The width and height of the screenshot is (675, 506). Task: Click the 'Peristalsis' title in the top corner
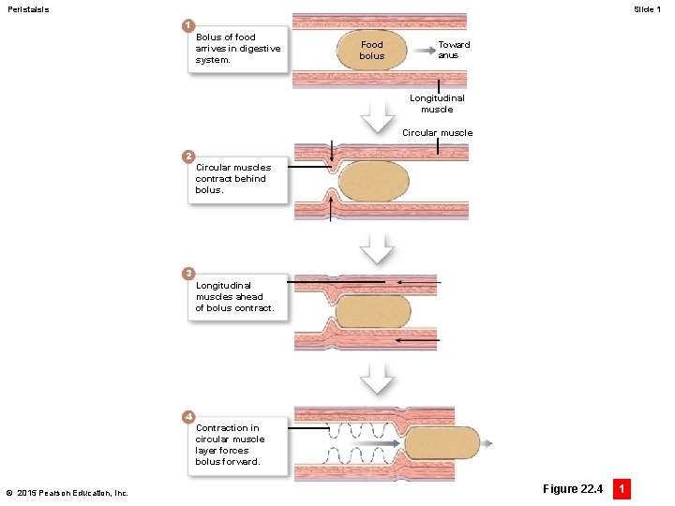28,9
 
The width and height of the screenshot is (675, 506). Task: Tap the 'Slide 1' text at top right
647,9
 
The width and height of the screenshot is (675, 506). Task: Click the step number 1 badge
188,23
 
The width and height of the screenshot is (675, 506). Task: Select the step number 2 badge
188,155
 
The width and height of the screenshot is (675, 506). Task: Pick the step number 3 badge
188,273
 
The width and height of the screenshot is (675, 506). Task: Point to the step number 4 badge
188,415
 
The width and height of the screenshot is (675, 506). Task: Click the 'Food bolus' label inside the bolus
372,51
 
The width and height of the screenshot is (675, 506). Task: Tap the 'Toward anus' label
454,50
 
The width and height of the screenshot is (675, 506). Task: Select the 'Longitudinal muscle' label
437,103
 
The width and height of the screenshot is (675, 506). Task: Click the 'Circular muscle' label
437,133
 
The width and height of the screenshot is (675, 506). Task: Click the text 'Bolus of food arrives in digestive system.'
237,49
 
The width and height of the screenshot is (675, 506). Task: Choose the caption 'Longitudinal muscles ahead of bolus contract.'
234,296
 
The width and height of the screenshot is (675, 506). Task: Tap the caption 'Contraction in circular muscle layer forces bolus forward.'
230,444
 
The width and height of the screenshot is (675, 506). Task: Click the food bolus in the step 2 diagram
374,182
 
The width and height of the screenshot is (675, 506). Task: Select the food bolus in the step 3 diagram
372,312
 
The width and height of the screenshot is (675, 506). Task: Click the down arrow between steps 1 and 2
379,117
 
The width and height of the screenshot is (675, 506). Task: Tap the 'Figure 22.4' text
573,488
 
